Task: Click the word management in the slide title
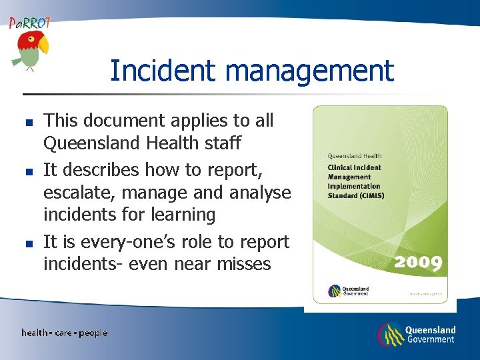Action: [311, 71]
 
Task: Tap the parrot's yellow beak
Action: [43, 46]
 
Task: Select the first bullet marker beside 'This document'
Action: [29, 123]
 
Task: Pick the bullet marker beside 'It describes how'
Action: [29, 172]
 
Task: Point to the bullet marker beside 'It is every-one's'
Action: [29, 243]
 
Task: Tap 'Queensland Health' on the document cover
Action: [354, 157]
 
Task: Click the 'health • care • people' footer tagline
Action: [64, 333]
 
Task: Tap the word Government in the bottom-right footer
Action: [430, 340]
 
